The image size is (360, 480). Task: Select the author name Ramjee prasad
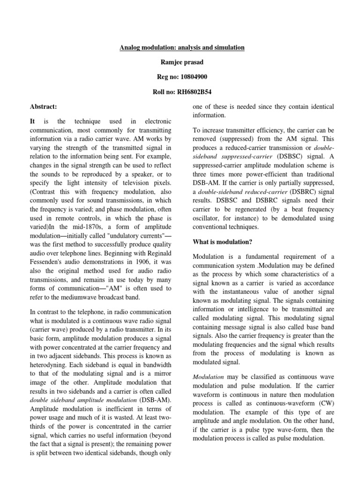coord(180,63)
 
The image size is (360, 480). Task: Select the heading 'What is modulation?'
coord(223,242)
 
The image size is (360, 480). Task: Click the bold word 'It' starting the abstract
coord(33,121)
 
